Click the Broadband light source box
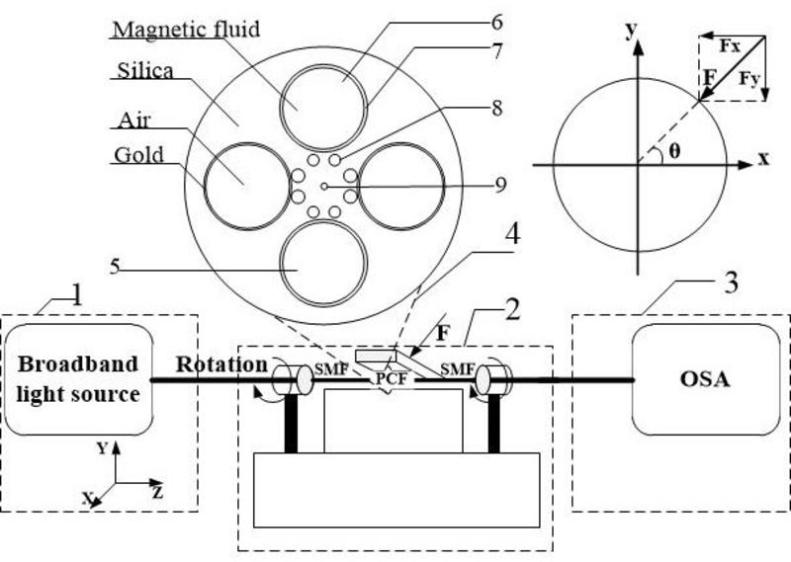tap(78, 379)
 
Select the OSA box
tap(706, 379)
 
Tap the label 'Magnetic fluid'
tap(186, 30)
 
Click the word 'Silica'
tap(145, 70)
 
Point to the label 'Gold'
tap(138, 155)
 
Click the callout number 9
tap(500, 185)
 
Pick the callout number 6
tap(497, 22)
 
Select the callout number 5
tap(115, 266)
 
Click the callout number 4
tap(512, 234)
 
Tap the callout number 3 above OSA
tap(731, 282)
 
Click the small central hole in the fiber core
tap(324, 187)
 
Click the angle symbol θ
tap(674, 151)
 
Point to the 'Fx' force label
tap(730, 46)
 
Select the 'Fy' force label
tap(749, 79)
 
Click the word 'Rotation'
tap(221, 363)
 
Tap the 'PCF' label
tap(392, 378)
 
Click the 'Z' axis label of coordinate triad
tap(158, 493)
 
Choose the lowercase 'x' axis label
tap(764, 159)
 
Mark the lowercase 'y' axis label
tap(631, 32)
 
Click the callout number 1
tap(77, 295)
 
